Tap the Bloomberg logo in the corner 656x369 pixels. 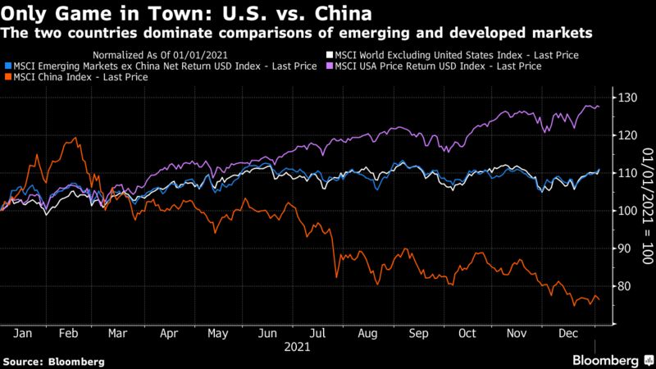click(610, 360)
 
